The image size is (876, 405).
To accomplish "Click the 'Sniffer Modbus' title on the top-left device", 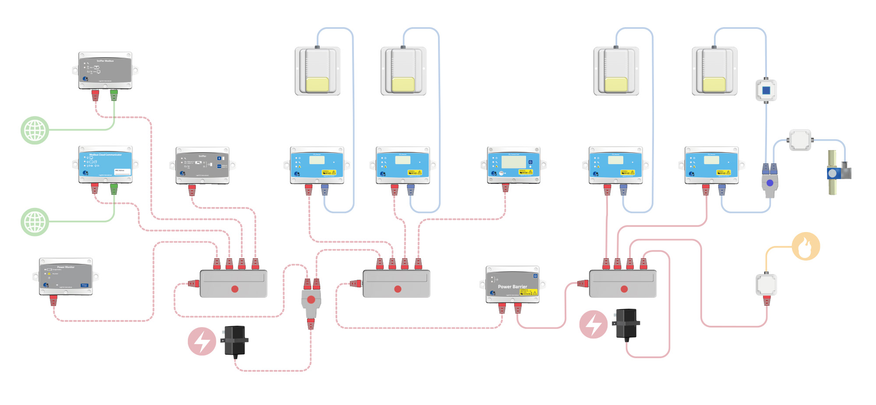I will point(105,61).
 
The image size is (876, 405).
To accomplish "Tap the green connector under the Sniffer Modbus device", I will point(114,95).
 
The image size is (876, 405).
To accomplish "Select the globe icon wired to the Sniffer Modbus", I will point(35,130).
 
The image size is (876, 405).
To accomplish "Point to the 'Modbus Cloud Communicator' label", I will point(106,155).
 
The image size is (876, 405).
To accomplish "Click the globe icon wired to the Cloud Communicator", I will point(35,222).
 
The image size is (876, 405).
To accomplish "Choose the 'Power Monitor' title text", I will point(66,267).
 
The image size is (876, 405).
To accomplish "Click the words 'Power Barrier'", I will point(512,287).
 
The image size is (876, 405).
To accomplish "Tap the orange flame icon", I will point(806,247).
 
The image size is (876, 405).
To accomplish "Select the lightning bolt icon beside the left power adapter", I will point(202,341).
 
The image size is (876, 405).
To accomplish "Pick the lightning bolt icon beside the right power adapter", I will point(593,324).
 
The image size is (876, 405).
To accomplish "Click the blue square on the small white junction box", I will point(766,91).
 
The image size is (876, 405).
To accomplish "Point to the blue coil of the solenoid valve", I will point(833,173).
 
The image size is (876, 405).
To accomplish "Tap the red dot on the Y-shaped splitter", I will point(311,299).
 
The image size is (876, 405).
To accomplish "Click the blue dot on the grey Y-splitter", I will point(770,183).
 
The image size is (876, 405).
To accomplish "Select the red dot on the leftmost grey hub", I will point(235,289).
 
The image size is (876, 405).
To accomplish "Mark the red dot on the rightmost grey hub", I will point(624,289).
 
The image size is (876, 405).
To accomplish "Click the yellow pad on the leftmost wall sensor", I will point(317,85).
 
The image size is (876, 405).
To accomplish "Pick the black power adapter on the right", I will point(626,324).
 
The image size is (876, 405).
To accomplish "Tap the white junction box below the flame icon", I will point(766,285).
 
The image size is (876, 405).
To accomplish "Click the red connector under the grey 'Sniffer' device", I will point(192,190).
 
